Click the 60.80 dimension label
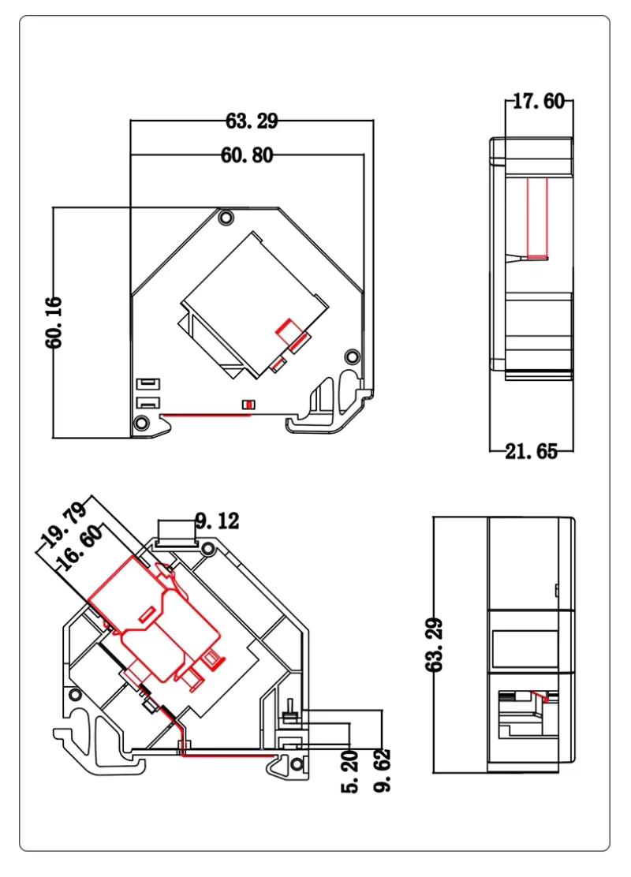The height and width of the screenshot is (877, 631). (x=247, y=155)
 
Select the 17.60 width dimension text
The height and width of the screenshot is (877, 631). (x=538, y=101)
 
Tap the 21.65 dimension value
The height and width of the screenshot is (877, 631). (x=532, y=451)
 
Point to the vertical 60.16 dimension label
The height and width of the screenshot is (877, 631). (x=54, y=322)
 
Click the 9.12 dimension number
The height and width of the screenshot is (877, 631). (x=217, y=521)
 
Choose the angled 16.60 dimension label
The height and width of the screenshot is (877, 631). (x=80, y=548)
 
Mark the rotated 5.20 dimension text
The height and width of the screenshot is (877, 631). (x=349, y=772)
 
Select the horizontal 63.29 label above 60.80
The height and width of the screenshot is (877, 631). (x=252, y=120)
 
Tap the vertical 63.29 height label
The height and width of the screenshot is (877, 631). (x=434, y=644)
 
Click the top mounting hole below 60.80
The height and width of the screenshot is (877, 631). (x=226, y=218)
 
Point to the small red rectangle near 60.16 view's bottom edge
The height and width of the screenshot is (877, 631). (x=248, y=405)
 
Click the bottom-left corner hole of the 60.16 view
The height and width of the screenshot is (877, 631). (x=141, y=423)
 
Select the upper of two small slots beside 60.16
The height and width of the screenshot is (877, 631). (x=148, y=383)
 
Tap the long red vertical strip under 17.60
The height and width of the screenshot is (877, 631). (x=537, y=219)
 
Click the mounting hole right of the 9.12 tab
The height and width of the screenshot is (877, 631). (x=208, y=549)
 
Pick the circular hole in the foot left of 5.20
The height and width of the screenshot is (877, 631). (x=297, y=764)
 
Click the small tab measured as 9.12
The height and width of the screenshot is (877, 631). (x=177, y=532)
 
